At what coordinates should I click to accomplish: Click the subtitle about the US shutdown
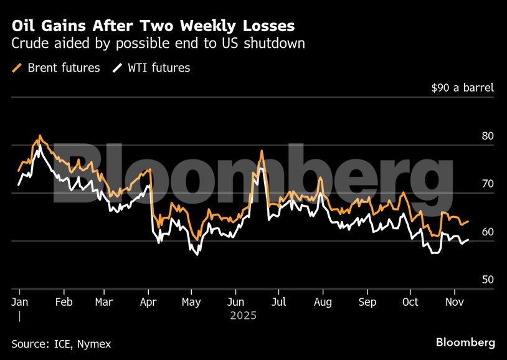158,44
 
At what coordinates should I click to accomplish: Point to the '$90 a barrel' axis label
462,88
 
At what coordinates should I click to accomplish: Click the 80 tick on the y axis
487,136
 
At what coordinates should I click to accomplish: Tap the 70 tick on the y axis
487,184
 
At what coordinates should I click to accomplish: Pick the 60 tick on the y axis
487,232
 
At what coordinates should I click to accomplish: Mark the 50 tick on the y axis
487,280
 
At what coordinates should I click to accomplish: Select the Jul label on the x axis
278,302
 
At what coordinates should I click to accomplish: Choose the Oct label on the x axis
410,302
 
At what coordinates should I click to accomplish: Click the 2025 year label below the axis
243,316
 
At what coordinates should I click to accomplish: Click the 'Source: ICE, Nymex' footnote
61,343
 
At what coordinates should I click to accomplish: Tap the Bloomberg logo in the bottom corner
465,343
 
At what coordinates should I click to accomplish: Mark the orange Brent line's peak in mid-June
262,151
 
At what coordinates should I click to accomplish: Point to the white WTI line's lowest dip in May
197,254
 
